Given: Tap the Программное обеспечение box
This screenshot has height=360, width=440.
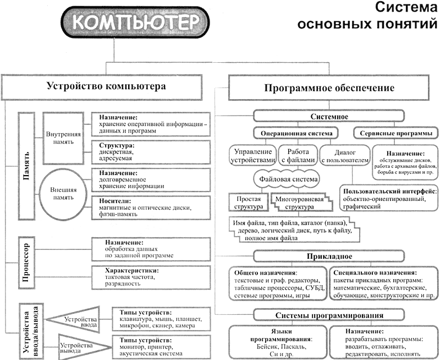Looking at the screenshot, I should pyautogui.click(x=329, y=88).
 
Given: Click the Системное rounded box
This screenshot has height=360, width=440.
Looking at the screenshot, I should pyautogui.click(x=329, y=116).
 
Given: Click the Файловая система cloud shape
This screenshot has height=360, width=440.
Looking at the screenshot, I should pyautogui.click(x=292, y=179).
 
